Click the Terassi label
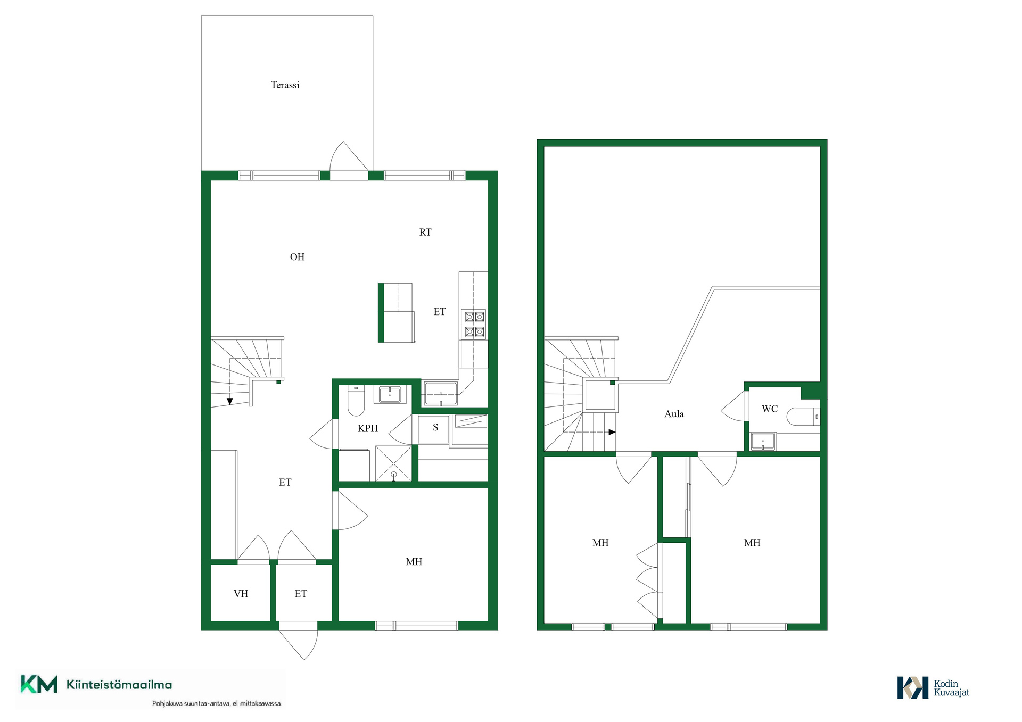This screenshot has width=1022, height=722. [x=285, y=85]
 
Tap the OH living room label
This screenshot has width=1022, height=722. [x=297, y=257]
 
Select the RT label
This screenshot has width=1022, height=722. [x=425, y=233]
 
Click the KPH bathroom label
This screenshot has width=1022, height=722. [x=367, y=428]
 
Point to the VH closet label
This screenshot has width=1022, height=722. [x=241, y=594]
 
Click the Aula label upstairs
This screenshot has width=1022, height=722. [x=674, y=414]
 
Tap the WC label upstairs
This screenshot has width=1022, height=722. [x=770, y=409]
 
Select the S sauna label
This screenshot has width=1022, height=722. [x=435, y=427]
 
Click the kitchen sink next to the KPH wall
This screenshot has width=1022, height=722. [x=441, y=394]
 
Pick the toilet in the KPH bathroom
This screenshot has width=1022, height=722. [x=356, y=401]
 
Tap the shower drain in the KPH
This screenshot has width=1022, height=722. [x=394, y=475]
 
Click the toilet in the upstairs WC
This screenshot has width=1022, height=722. [x=803, y=417]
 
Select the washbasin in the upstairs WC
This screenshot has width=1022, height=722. [x=763, y=442]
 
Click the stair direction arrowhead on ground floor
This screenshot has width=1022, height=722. [x=230, y=401]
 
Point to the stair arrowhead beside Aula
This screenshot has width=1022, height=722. [x=612, y=432]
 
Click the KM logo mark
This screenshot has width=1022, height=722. [x=39, y=684]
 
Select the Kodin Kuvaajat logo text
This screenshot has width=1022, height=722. [x=951, y=688]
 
